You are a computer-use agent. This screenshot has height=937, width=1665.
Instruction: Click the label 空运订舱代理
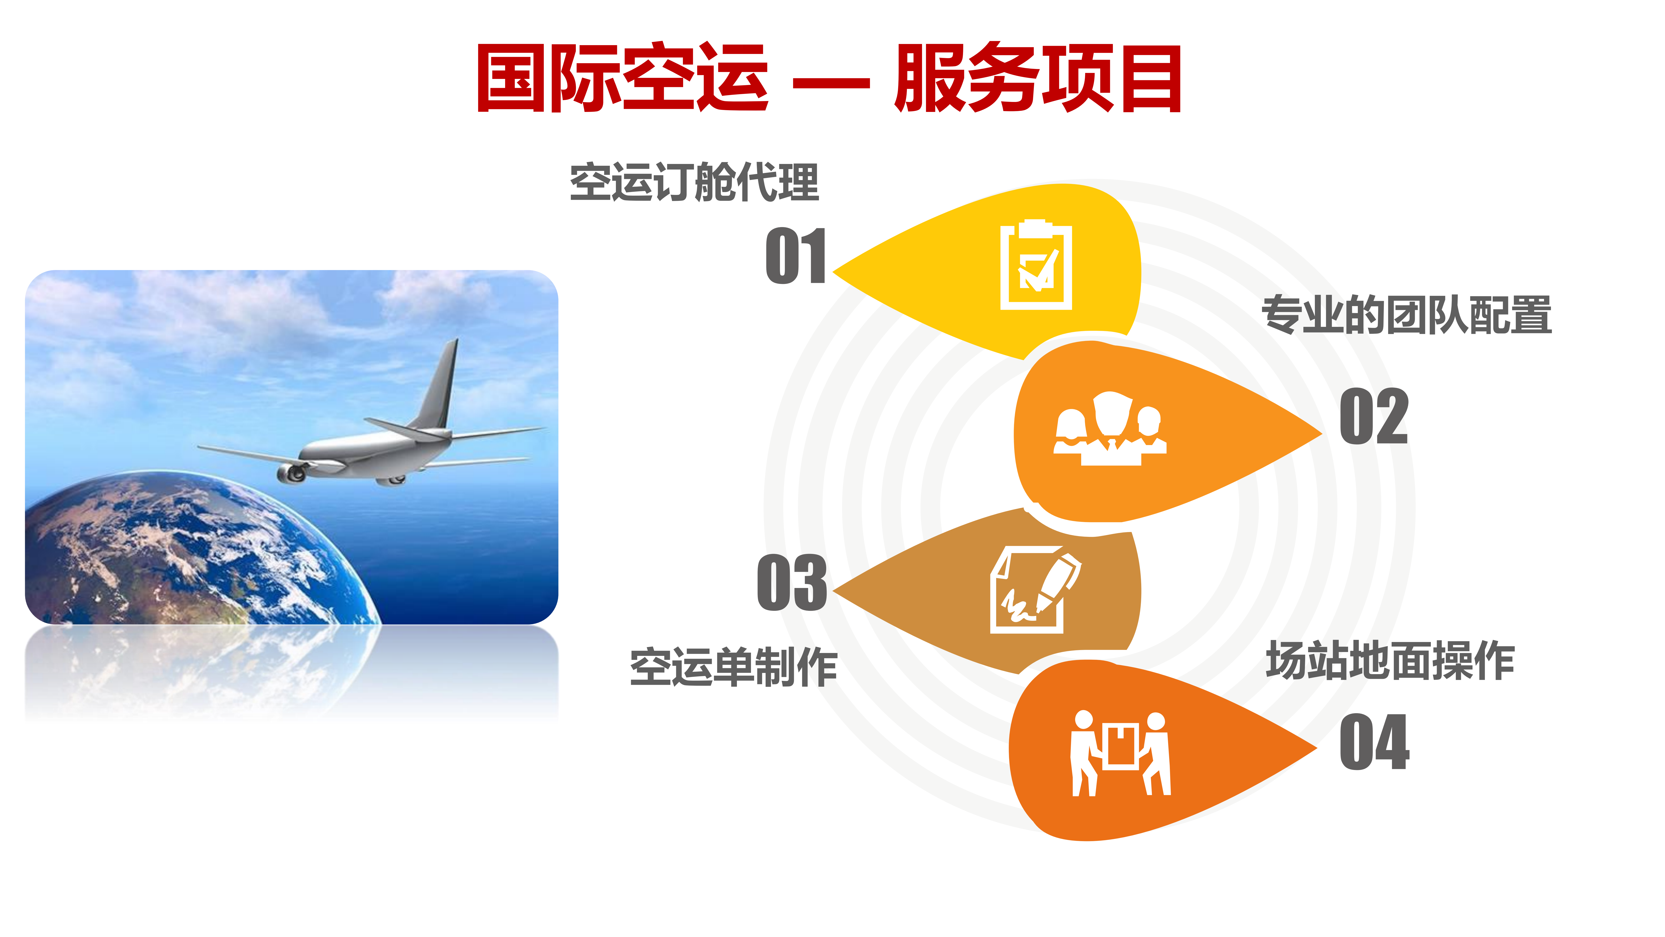[x=694, y=182]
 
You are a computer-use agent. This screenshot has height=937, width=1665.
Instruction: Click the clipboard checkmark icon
[x=1036, y=265]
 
